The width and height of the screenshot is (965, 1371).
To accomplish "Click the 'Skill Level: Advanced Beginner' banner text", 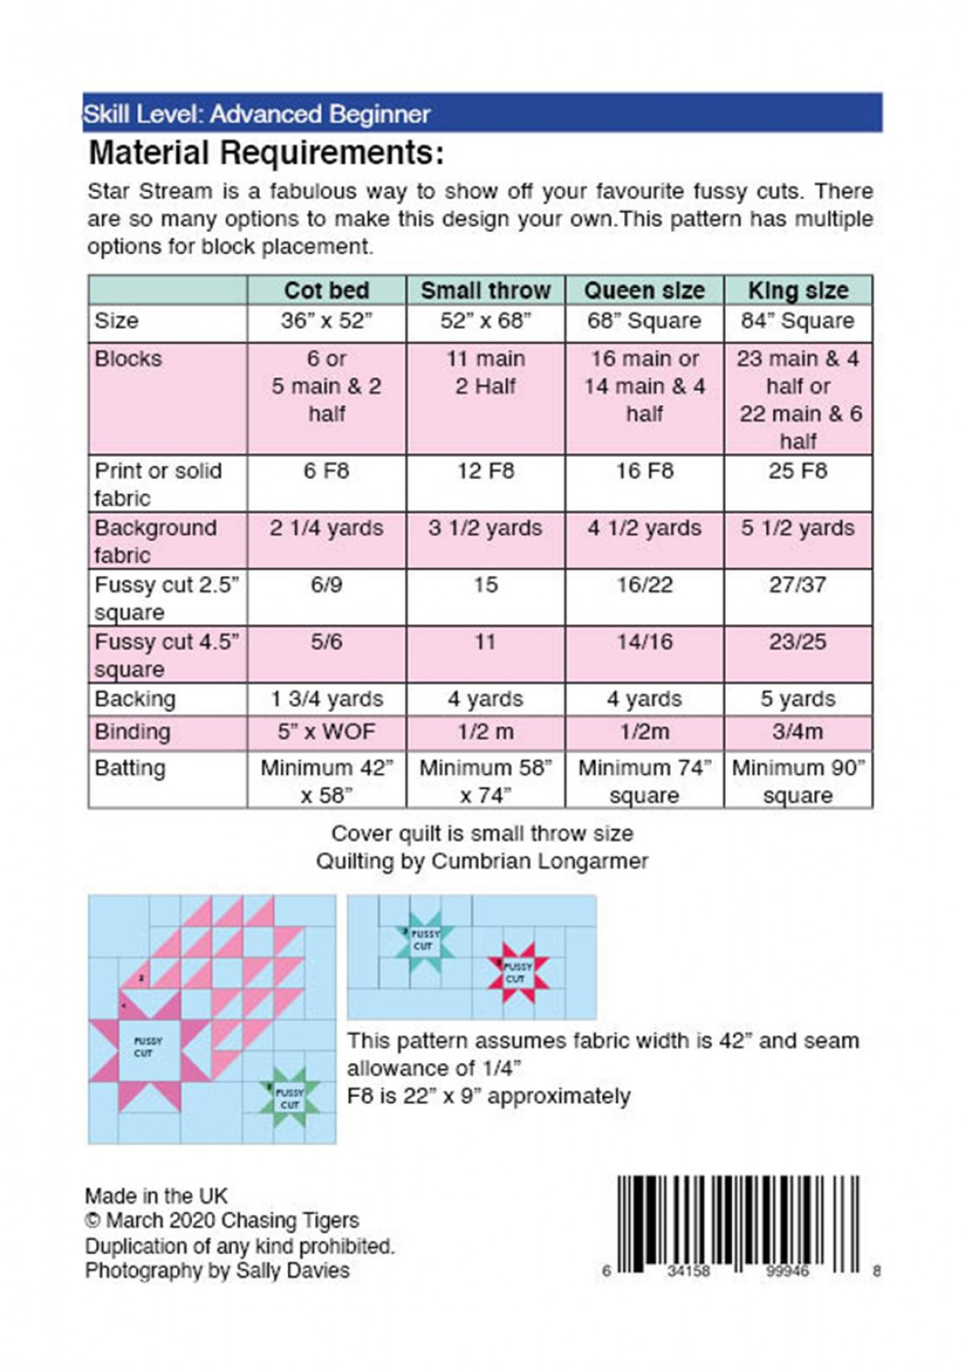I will point(257,114).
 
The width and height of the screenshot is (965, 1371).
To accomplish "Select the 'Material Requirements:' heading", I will point(266,153).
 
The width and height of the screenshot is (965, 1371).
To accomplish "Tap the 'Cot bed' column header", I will point(326,291).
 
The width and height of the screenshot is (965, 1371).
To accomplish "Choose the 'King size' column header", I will point(798,291).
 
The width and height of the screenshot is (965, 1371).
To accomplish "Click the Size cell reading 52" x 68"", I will point(485,322).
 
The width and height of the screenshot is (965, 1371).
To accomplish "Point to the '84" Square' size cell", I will point(798,322).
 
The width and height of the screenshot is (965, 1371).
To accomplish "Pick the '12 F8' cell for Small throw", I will point(485,472).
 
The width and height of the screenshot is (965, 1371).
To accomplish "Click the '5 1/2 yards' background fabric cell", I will point(798,528).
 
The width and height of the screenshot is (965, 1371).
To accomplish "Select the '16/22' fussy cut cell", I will point(644,585).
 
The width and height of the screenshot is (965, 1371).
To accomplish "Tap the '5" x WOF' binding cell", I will point(326,732).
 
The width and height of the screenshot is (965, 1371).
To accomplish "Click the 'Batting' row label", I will point(130,769).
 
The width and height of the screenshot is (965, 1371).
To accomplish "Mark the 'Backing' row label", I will point(134,699).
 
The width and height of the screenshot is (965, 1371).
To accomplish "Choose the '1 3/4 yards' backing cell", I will point(326,699).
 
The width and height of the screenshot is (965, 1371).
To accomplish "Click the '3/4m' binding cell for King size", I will point(798,732).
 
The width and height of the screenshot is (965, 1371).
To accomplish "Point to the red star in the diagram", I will point(516,972).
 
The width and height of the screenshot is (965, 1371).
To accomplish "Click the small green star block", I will point(288,1098).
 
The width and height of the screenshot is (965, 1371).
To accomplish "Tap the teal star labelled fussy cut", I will point(422,940).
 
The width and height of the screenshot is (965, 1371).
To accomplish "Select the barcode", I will point(738,1223).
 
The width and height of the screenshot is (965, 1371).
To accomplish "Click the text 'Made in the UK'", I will point(156,1196).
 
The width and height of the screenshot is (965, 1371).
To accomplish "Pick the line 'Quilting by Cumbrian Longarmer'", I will point(482,861).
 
